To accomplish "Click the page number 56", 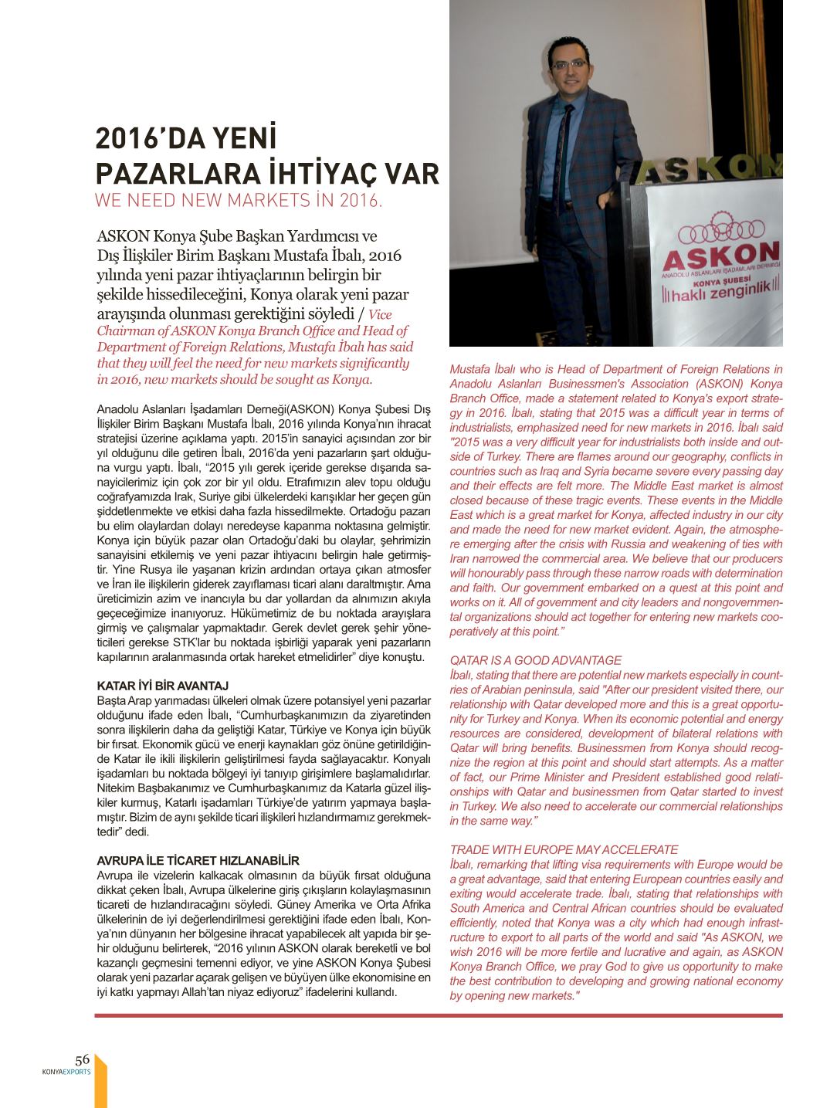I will pos(82,1059).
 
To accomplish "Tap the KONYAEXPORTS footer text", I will pos(66,1072).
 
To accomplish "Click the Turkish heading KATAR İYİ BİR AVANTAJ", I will pos(162,686).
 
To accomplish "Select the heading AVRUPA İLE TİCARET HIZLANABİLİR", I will pos(198,860).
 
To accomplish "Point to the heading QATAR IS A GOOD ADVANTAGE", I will pos(535,660).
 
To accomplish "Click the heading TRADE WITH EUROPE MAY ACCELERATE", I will pos(564,849).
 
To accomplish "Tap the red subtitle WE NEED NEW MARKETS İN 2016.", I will pos(238,201).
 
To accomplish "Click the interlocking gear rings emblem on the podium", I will pos(721,229).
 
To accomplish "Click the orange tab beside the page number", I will pos(100,1081).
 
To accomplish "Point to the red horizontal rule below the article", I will pos(439,1015).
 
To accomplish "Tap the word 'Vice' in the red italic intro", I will pos(380,315).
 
